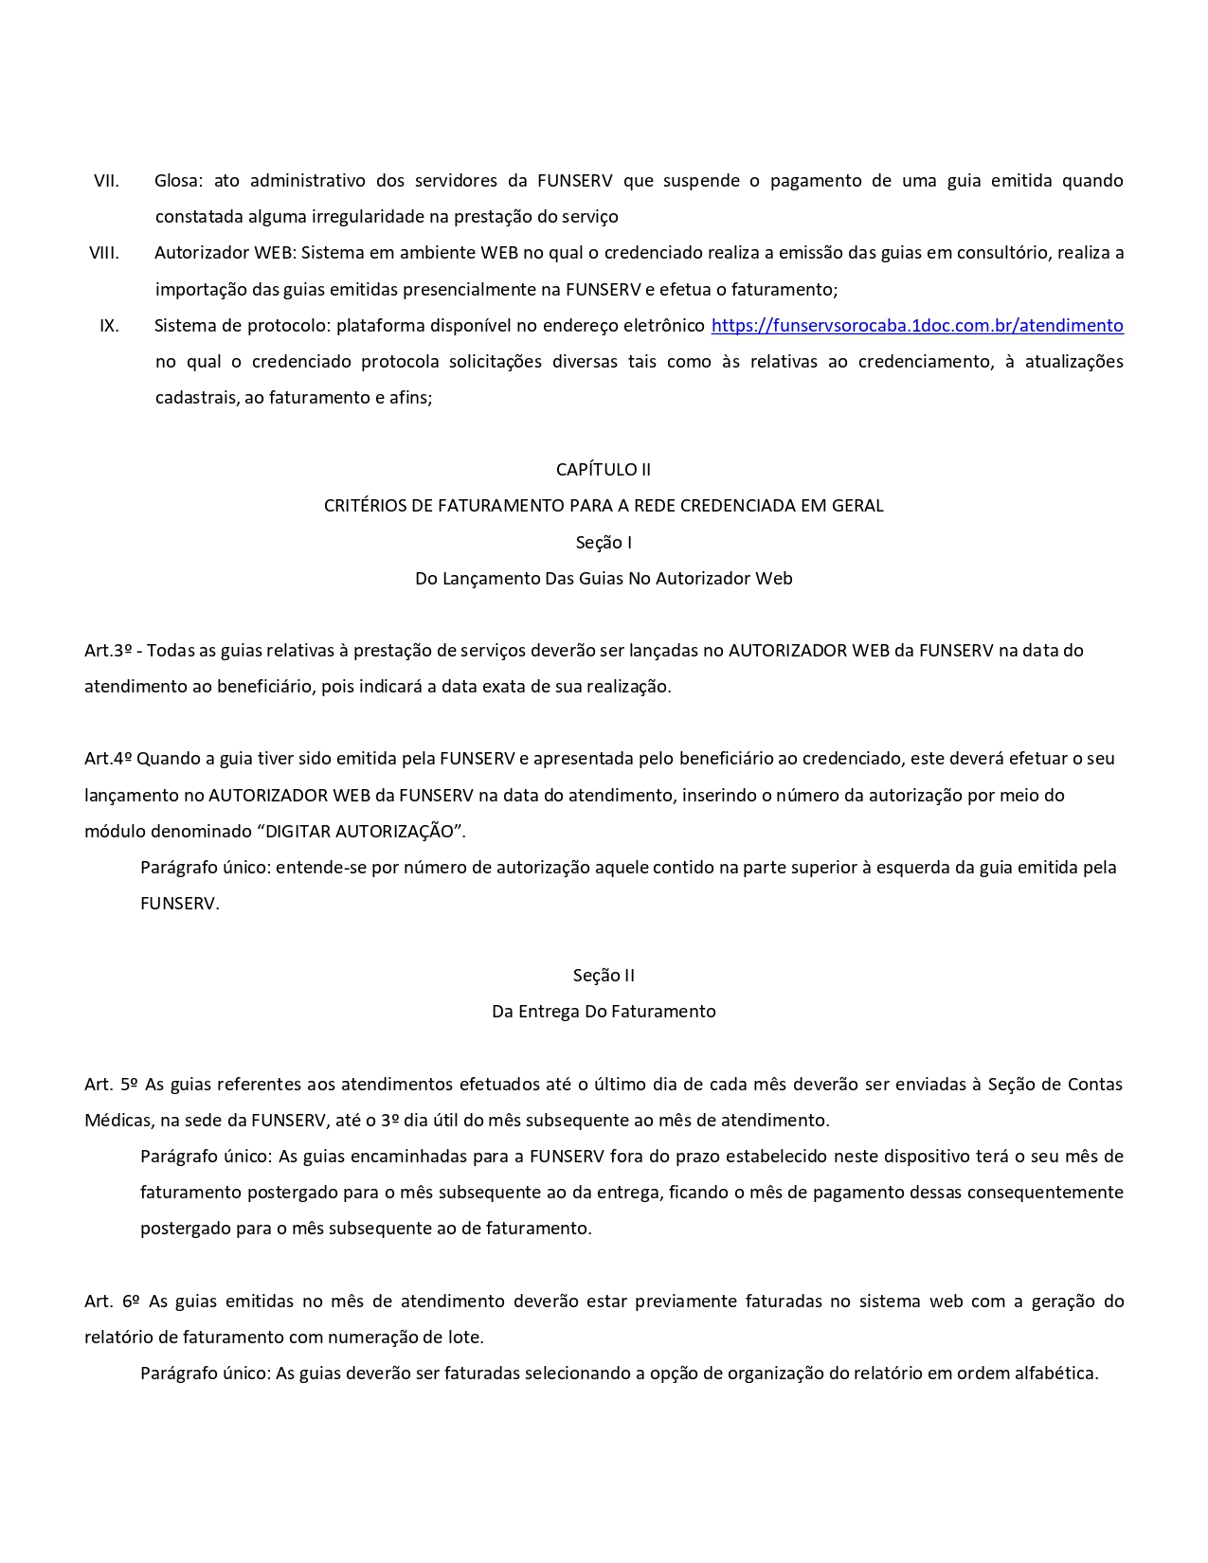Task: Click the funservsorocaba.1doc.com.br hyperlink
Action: point(916,326)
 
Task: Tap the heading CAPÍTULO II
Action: point(604,470)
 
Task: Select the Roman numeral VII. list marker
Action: point(106,181)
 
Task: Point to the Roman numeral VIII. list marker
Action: point(104,253)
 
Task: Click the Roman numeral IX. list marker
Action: point(109,326)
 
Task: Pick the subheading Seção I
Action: point(604,543)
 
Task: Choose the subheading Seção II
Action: point(604,976)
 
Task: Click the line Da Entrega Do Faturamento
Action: point(604,1012)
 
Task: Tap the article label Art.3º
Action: point(108,651)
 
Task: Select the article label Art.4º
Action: point(108,759)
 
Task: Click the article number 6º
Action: point(132,1302)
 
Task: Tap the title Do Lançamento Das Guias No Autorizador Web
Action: point(604,579)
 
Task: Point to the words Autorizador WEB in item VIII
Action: point(223,253)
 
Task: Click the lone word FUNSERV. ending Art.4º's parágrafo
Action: point(179,904)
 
